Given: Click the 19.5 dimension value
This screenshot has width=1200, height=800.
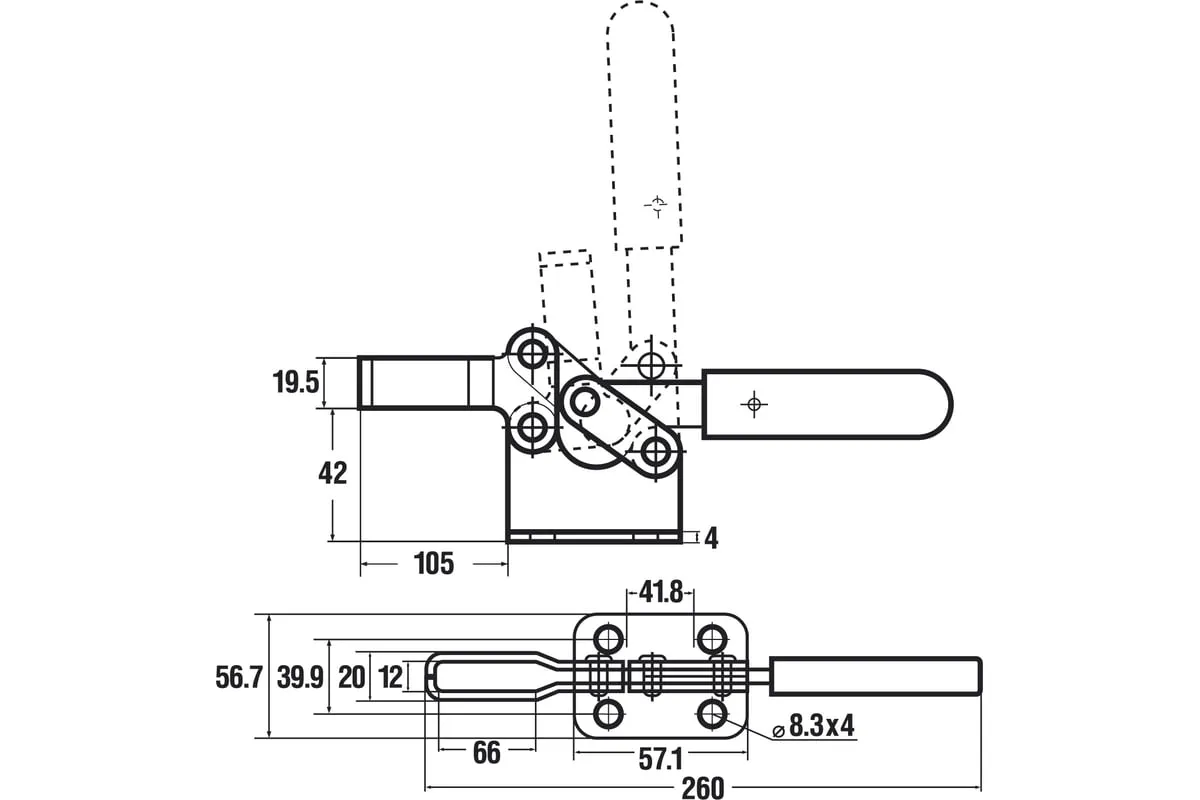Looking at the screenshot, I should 295,382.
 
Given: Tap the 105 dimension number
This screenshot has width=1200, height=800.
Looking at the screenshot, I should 433,564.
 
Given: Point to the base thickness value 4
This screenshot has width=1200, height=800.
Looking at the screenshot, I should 711,538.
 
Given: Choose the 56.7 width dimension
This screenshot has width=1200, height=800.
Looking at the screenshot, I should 239,678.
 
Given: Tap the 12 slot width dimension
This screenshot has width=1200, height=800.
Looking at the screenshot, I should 389,678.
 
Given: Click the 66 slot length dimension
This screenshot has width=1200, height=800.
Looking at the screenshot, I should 486,753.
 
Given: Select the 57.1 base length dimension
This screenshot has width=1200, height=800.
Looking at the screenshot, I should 660,760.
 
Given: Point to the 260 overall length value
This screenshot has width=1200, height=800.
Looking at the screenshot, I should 702,788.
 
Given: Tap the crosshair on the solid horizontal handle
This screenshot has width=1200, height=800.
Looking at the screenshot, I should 754,404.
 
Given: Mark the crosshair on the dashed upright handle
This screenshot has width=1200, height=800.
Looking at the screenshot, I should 657,206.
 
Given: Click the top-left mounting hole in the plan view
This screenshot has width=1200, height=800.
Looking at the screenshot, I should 608,638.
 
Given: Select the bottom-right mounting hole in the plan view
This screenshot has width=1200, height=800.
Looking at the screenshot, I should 712,714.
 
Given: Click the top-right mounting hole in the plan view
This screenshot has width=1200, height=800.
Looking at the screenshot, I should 712,638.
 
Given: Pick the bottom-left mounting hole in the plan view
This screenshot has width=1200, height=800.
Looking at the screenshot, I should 608,714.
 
